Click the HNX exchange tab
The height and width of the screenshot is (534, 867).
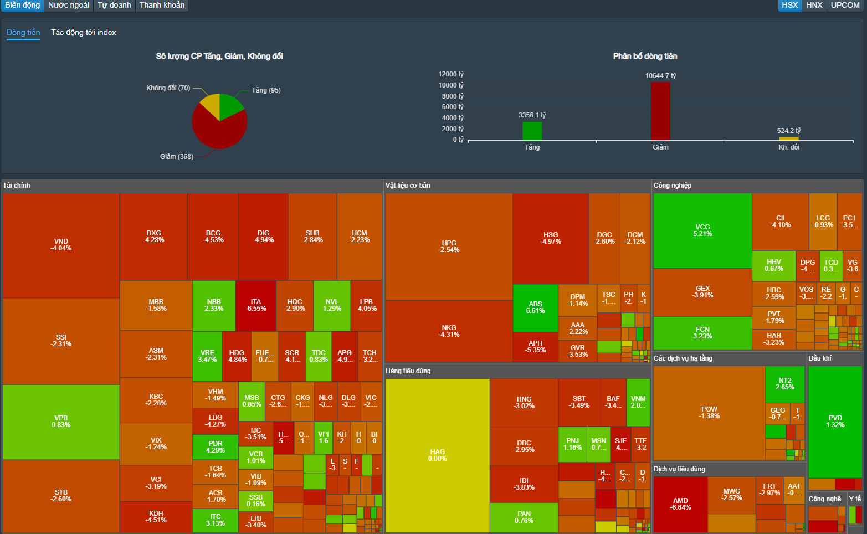(x=814, y=5)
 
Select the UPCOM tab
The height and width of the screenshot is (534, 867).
(x=845, y=5)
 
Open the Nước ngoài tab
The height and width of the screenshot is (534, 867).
(x=69, y=5)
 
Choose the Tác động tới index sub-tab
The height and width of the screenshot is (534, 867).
(x=84, y=32)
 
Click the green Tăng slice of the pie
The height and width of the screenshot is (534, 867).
(x=230, y=105)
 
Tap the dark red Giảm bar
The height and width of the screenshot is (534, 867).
(x=660, y=111)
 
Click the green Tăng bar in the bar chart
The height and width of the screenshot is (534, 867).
(x=532, y=131)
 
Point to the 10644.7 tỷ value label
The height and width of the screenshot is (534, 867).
(x=660, y=75)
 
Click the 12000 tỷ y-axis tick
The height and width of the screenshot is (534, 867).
(x=451, y=74)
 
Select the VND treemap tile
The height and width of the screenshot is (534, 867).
(x=61, y=245)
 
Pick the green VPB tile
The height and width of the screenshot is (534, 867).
(x=61, y=422)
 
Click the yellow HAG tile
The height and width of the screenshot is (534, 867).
(x=437, y=455)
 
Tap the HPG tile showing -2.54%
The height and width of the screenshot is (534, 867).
(x=449, y=247)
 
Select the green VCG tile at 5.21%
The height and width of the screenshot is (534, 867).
(x=702, y=230)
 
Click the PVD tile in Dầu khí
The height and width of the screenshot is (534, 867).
(x=835, y=421)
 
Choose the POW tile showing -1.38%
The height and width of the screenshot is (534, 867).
(x=709, y=413)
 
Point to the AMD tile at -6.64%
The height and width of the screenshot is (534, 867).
(x=680, y=504)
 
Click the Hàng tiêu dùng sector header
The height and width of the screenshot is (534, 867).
(x=408, y=371)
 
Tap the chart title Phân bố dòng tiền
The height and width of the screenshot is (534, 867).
(x=645, y=56)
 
